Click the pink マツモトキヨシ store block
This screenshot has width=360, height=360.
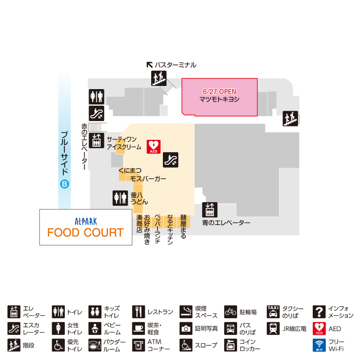point(220,97)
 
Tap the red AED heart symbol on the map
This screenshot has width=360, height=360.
point(153,147)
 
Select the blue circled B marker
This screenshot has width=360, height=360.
point(64,184)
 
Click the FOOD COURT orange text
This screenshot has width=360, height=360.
point(85,232)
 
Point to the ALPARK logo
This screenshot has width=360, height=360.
point(85,221)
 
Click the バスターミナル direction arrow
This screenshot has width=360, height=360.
point(150,65)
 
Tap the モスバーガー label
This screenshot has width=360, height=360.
point(148,179)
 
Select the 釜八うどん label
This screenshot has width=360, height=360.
point(139,198)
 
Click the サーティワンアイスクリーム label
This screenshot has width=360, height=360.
point(124,143)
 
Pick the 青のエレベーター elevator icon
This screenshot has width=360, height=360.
point(210,210)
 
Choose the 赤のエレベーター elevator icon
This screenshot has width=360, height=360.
point(96,140)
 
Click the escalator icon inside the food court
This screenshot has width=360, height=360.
point(171,160)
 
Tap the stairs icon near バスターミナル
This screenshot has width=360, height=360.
point(159,78)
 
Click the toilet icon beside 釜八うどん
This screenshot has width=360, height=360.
point(120,198)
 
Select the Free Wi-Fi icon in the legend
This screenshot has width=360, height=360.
point(319,345)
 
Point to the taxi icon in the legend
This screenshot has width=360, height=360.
point(273,312)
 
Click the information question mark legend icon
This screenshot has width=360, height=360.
point(319,312)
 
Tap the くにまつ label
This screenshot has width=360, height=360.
point(130,171)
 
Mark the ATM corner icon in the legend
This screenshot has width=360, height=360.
point(139,345)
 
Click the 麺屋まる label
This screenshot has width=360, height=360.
point(183,227)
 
